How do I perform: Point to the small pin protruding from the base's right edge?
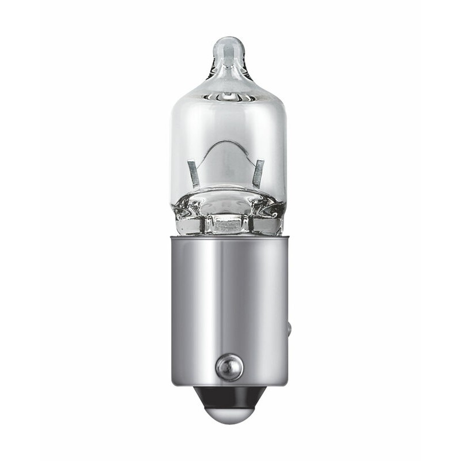click(x=289, y=330)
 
